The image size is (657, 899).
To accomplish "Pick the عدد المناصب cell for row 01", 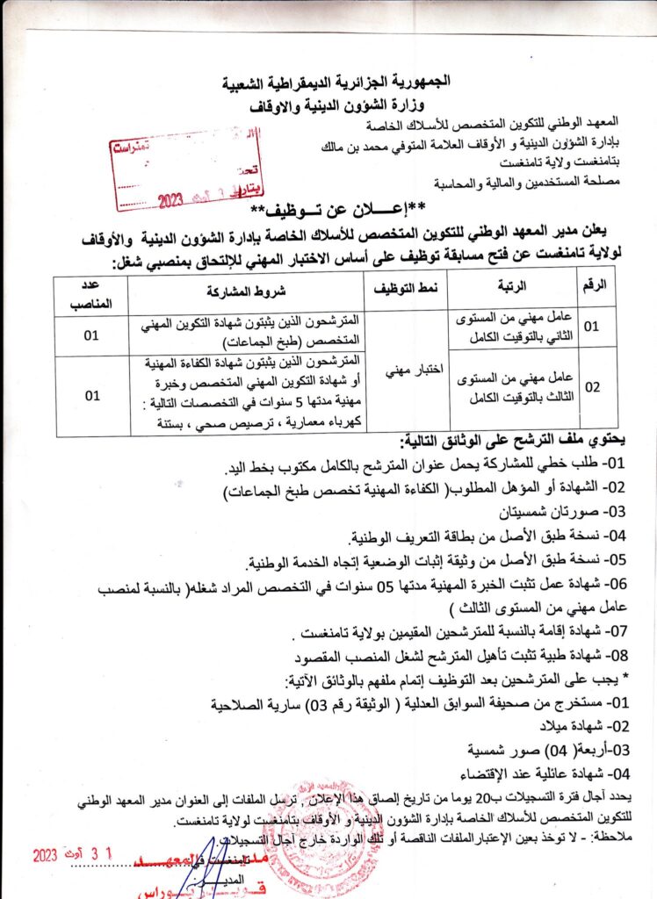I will tap(91, 335).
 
